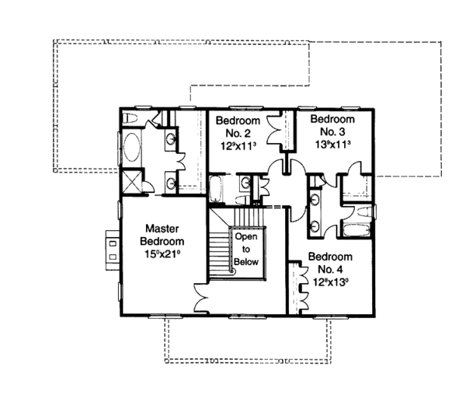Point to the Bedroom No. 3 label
[332, 125]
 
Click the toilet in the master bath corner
[131, 117]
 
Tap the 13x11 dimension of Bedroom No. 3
[332, 145]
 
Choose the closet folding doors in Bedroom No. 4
[297, 288]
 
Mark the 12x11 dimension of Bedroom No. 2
[237, 146]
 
